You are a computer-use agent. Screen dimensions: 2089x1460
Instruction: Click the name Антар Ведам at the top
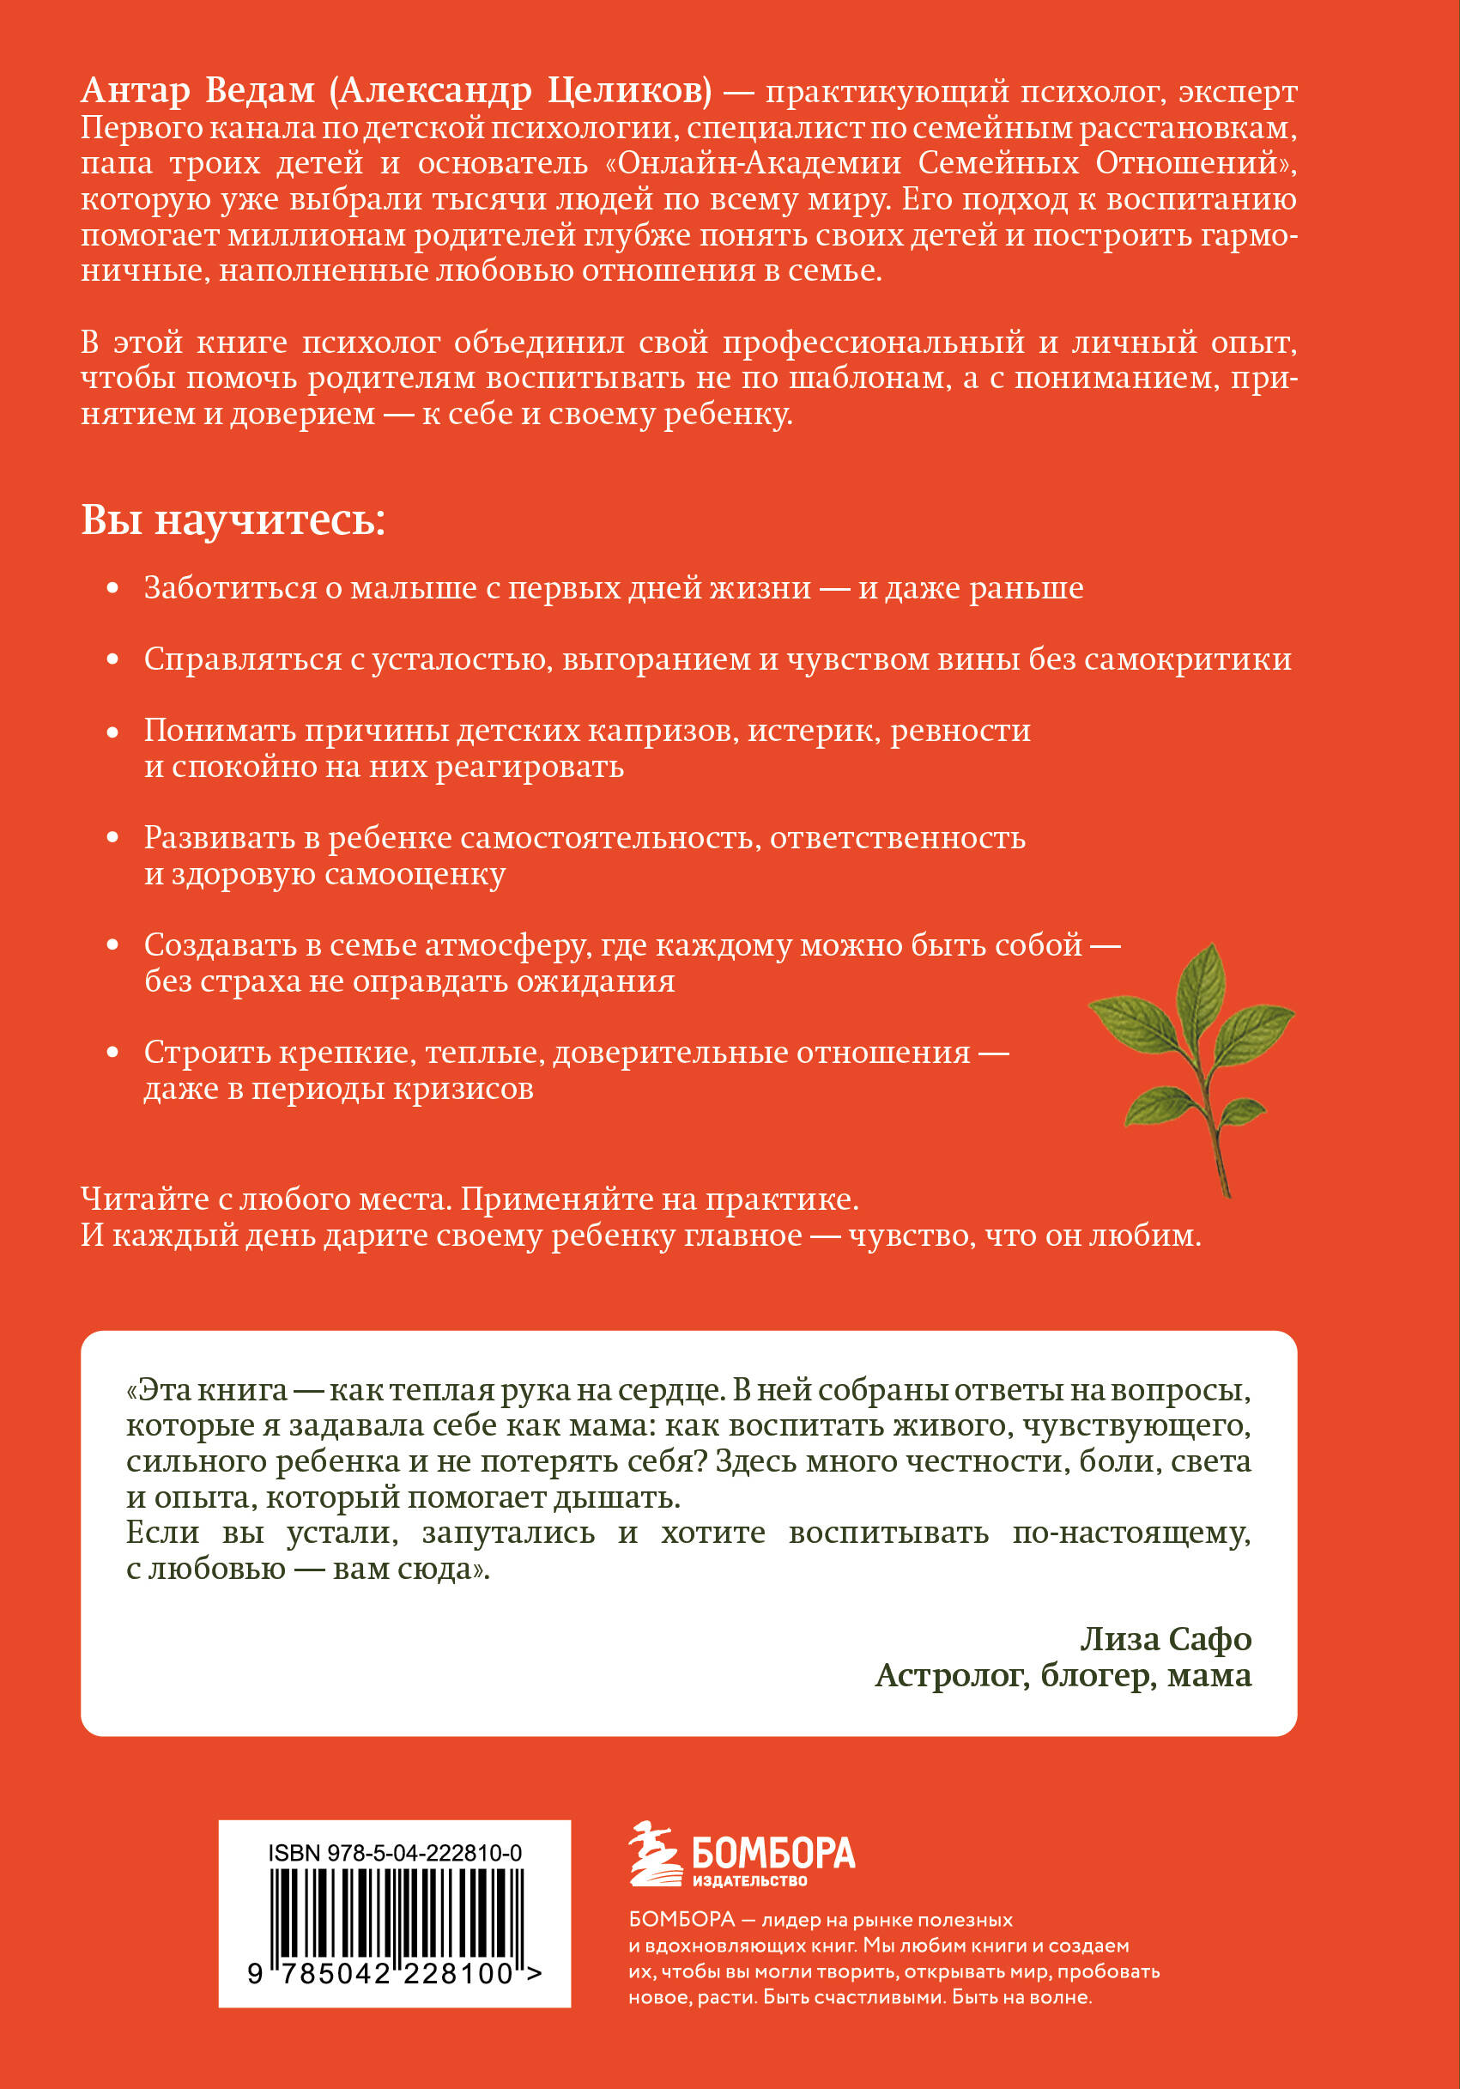pyautogui.click(x=198, y=91)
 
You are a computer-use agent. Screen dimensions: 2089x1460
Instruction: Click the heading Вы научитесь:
pyautogui.click(x=233, y=521)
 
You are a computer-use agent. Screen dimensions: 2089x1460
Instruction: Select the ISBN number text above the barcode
pyautogui.click(x=395, y=1854)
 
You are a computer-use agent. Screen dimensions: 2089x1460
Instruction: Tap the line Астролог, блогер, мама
pyautogui.click(x=1063, y=1675)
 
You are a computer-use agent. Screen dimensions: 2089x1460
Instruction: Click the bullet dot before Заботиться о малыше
pyautogui.click(x=112, y=589)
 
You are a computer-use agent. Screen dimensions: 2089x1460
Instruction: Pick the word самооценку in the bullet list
pyautogui.click(x=415, y=874)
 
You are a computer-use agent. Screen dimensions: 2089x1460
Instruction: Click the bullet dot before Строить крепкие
pyautogui.click(x=112, y=1053)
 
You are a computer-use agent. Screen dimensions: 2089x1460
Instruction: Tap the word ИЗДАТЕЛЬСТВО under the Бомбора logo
pyautogui.click(x=749, y=1881)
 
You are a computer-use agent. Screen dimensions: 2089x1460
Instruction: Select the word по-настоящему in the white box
pyautogui.click(x=1130, y=1533)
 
